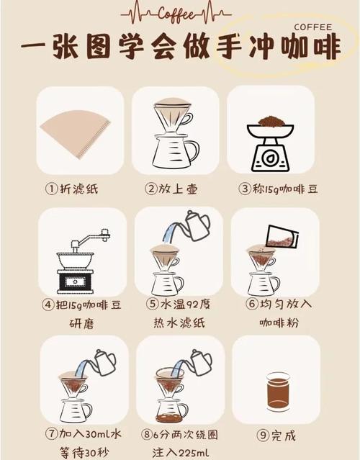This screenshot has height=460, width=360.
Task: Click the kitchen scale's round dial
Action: pyautogui.click(x=271, y=158)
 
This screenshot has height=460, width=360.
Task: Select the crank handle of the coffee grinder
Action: pyautogui.click(x=94, y=238)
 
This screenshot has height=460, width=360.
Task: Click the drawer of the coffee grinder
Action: pyautogui.click(x=75, y=281)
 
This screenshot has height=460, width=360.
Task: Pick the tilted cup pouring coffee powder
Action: pyautogui.click(x=282, y=236)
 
